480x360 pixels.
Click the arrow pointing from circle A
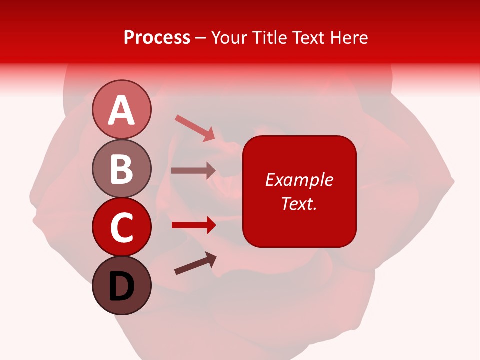[x=195, y=128]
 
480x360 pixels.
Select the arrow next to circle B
[x=193, y=171]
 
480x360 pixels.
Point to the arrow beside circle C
[x=194, y=225]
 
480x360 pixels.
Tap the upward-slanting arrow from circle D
[x=195, y=263]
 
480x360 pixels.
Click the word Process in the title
[x=157, y=37]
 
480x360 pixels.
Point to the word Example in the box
[x=299, y=180]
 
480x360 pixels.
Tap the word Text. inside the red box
[x=299, y=203]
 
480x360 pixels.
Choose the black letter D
[x=121, y=287]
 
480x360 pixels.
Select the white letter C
[x=121, y=227]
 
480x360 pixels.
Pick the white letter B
[x=121, y=169]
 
